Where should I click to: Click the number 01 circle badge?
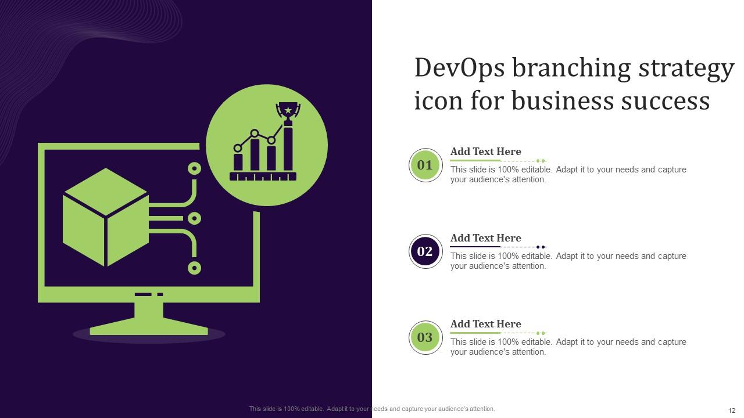425,165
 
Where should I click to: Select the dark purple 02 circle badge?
425,251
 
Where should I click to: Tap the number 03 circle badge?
425,337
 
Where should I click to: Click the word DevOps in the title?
459,69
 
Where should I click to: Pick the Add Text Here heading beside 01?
485,152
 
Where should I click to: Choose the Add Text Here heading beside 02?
485,238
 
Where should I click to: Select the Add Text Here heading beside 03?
485,324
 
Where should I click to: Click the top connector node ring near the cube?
195,169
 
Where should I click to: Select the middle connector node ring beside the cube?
195,218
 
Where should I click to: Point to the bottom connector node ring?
195,268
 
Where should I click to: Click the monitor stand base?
149,329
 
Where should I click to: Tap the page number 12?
732,410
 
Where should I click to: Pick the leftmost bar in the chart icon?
238,162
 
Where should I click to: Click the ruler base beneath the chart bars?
263,176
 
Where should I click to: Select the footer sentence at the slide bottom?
372,409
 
